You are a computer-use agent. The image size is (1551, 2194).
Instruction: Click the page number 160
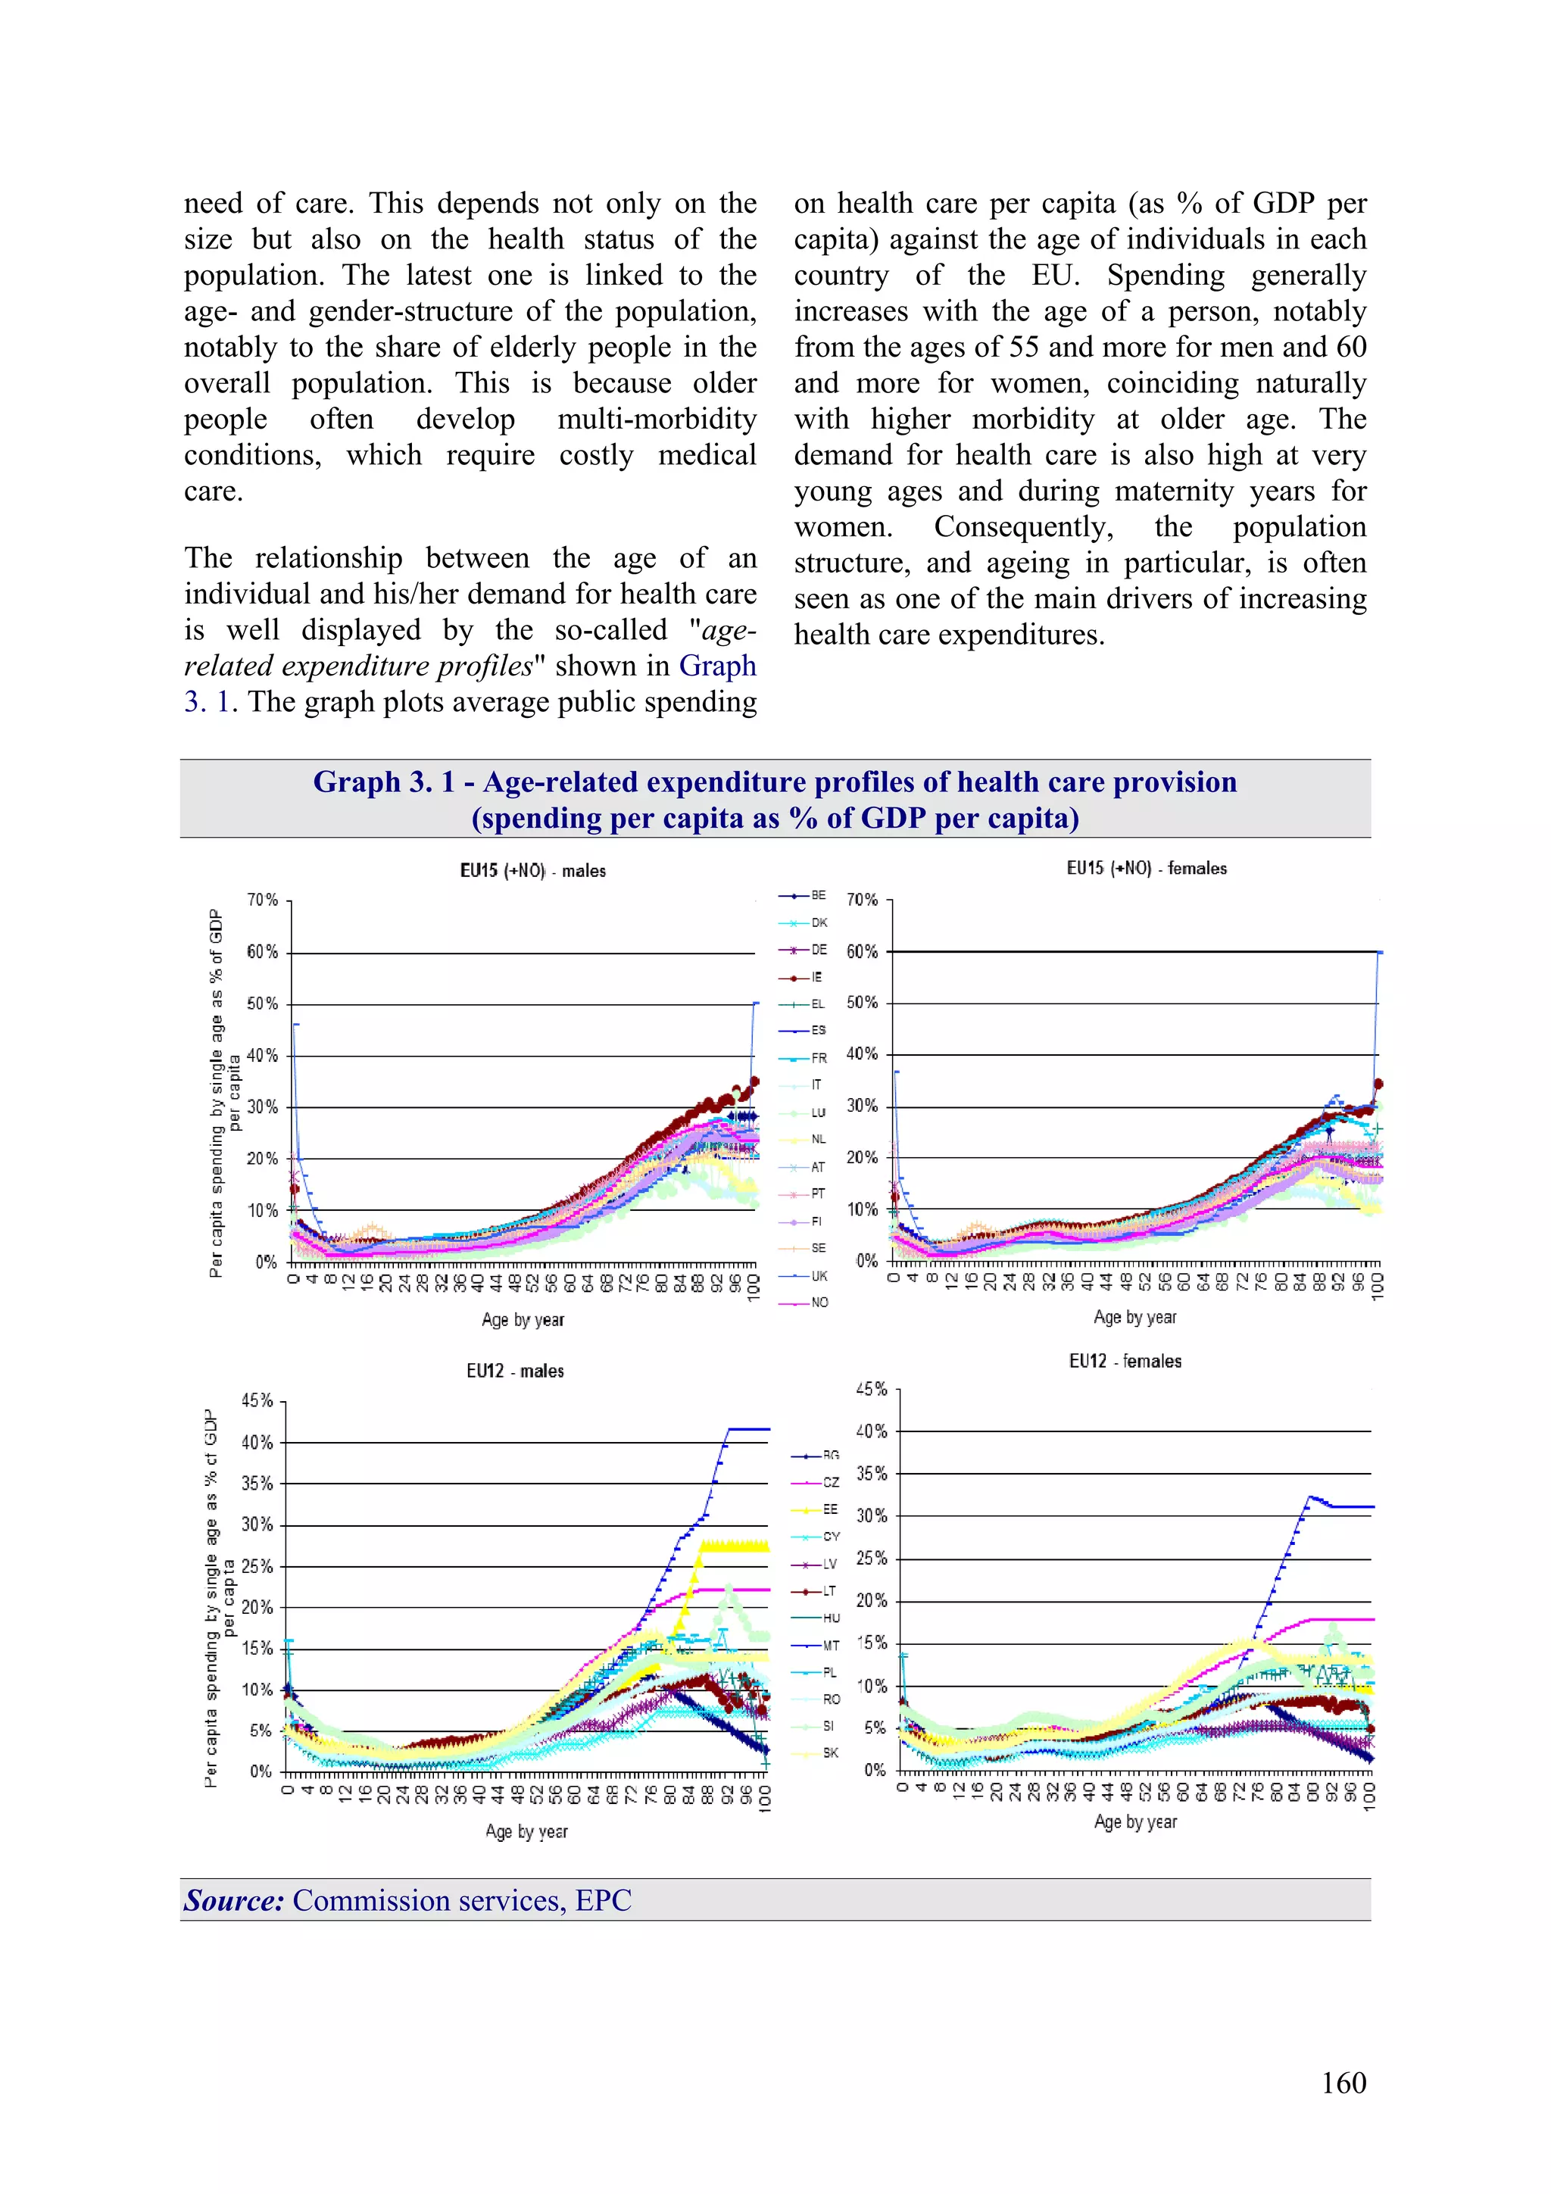click(1343, 2083)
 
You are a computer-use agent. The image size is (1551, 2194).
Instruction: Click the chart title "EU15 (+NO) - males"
click(532, 870)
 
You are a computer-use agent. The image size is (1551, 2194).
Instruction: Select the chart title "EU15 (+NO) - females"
click(1146, 868)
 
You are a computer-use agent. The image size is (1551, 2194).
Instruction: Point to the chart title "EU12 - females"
click(1125, 1361)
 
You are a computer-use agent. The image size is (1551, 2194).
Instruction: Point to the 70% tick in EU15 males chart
click(262, 900)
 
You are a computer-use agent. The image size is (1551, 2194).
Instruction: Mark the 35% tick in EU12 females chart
click(871, 1474)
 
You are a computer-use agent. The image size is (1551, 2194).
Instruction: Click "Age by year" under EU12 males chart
click(526, 1832)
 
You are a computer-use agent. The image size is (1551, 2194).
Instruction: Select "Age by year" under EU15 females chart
click(1134, 1317)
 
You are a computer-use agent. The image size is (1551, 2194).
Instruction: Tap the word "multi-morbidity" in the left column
click(657, 419)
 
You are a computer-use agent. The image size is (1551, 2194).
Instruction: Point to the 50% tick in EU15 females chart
click(862, 1003)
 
